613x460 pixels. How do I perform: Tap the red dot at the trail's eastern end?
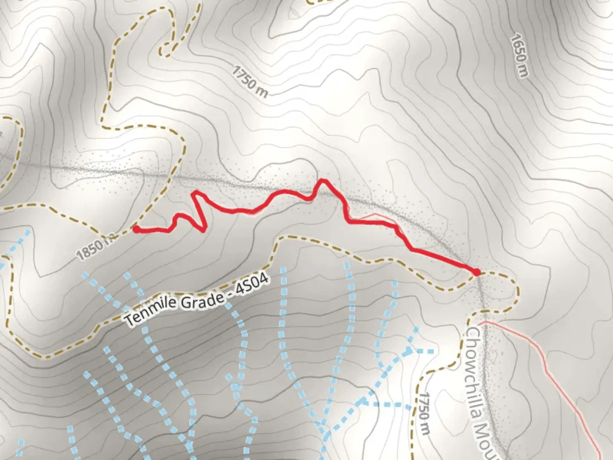477,272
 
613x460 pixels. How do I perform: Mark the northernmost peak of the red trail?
323,181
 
